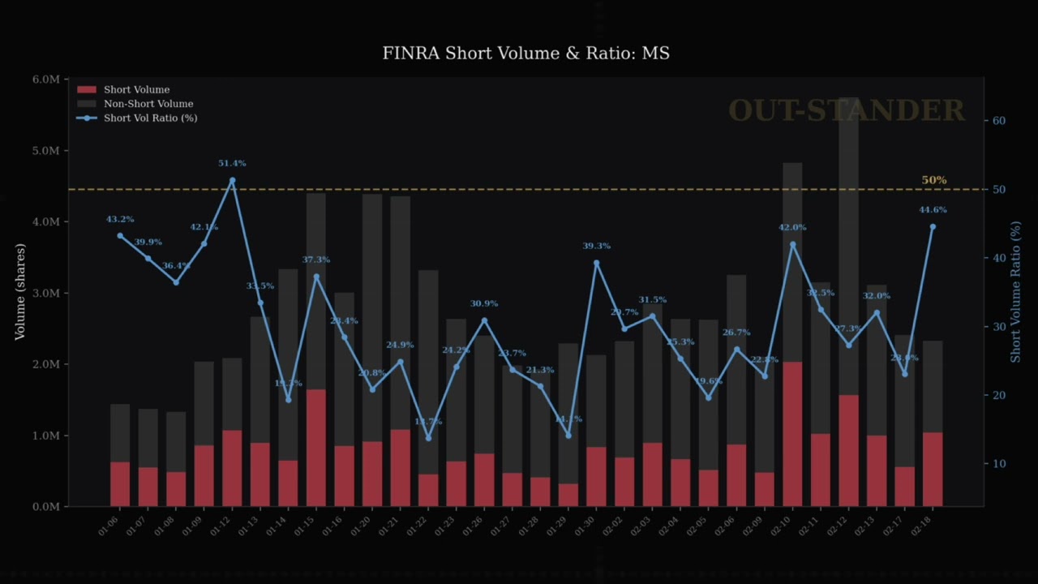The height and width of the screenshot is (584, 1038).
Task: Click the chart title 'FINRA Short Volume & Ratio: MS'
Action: [x=525, y=54]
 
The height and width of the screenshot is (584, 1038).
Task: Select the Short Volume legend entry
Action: [x=136, y=90]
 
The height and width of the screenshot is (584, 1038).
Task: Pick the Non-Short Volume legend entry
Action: [x=148, y=104]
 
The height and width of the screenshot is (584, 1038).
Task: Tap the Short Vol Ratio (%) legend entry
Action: [x=150, y=118]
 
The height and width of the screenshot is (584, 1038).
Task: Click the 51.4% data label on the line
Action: [x=232, y=164]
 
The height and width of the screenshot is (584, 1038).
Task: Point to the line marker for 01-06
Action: [x=120, y=236]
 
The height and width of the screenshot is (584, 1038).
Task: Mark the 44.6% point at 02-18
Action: [x=933, y=227]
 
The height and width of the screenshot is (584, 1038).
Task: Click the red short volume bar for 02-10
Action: [x=793, y=434]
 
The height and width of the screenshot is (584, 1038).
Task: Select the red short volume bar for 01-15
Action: [x=316, y=448]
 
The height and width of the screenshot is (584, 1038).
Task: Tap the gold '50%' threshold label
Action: [x=933, y=180]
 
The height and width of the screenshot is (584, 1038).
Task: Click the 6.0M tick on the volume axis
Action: [x=46, y=79]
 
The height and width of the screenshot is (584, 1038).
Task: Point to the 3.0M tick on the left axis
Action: [x=46, y=293]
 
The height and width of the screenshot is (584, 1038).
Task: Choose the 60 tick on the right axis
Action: [x=998, y=121]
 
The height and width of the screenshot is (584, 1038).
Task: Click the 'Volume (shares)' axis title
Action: [x=20, y=292]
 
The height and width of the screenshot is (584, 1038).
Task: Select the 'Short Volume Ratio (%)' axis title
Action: [x=1015, y=292]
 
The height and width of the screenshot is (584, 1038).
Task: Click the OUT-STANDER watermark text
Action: [x=846, y=110]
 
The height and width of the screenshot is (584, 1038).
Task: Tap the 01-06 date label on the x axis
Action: [x=107, y=526]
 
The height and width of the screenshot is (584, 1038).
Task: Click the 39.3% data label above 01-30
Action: [x=596, y=246]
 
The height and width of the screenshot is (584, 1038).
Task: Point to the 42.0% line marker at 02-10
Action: [x=792, y=245]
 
